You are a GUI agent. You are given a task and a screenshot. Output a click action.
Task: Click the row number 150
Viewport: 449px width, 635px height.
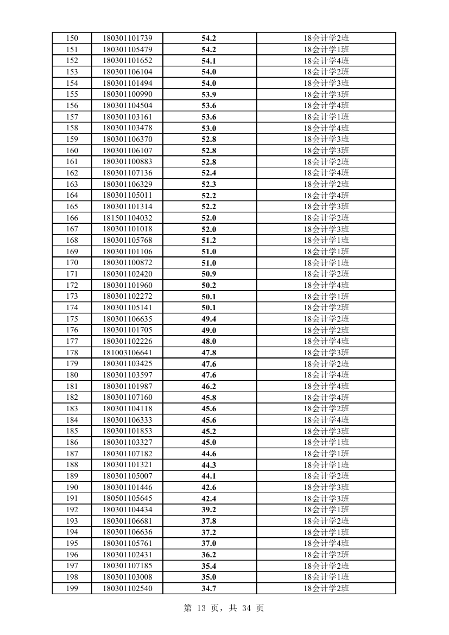pos(72,38)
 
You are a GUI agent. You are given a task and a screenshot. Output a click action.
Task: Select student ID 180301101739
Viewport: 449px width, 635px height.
pos(128,38)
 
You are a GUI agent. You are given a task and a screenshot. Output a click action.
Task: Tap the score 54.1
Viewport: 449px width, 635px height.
pos(209,61)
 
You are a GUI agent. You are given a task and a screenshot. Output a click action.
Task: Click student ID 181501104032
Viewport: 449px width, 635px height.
pos(128,218)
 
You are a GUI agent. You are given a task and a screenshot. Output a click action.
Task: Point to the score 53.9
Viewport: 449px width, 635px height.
pos(209,95)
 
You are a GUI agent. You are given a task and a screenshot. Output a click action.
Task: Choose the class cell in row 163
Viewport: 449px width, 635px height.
pos(326,184)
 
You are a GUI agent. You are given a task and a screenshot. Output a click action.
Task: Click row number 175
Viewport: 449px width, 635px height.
pos(72,319)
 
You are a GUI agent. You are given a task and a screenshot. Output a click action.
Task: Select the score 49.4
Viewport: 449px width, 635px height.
pos(209,319)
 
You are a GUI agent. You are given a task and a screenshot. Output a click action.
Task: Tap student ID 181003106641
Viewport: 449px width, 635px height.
pos(128,353)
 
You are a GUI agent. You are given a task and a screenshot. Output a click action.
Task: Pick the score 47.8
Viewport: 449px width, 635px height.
pos(209,353)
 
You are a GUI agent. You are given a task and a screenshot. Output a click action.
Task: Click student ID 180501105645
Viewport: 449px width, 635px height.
pos(128,499)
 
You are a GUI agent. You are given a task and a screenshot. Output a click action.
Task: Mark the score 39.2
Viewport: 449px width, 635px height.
pos(209,510)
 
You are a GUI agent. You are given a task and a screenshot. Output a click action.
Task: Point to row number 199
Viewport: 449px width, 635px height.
pos(72,588)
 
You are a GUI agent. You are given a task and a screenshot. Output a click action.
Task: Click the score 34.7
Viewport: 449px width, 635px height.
pos(209,588)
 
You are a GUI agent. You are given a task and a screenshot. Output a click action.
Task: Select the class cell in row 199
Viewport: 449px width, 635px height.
pos(326,588)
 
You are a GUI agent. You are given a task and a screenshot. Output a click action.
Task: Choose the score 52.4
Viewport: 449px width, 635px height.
pos(209,173)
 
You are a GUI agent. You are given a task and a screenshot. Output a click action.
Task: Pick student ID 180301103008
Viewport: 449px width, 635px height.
pos(128,577)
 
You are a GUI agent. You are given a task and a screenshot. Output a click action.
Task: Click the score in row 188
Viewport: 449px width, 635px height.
pos(209,465)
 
